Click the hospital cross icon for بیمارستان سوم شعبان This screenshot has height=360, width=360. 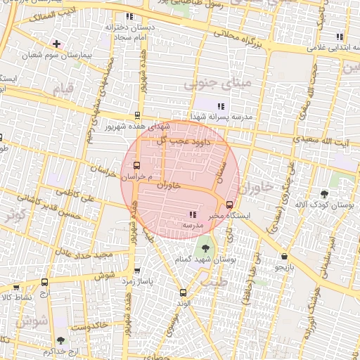(56, 44)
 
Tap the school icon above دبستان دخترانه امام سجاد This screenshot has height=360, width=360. (129, 16)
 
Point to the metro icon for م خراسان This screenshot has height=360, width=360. (136, 167)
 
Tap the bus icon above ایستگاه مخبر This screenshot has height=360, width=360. (229, 205)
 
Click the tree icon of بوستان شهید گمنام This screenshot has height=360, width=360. (205, 247)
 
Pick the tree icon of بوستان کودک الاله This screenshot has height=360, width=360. (323, 193)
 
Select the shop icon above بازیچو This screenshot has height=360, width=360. (283, 257)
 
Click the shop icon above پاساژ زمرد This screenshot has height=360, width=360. (136, 270)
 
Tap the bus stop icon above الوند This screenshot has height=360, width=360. (183, 292)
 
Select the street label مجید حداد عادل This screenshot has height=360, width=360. (85, 253)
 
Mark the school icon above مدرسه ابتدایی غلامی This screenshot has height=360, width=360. (340, 37)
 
